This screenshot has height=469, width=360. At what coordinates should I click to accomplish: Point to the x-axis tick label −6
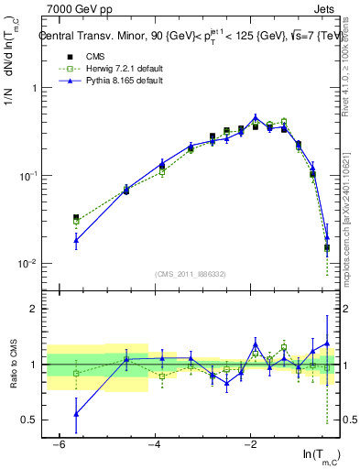(x=59, y=445)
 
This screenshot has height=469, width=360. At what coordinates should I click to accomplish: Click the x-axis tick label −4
(x=154, y=445)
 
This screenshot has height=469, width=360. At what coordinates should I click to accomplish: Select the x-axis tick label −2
(x=249, y=445)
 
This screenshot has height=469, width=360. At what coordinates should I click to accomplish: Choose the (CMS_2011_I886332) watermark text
(x=191, y=275)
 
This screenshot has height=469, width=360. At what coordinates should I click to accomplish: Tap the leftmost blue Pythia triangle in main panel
(x=77, y=241)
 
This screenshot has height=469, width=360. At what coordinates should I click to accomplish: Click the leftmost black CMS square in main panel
(x=77, y=218)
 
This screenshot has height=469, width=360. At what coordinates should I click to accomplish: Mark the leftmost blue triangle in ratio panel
(x=77, y=414)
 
